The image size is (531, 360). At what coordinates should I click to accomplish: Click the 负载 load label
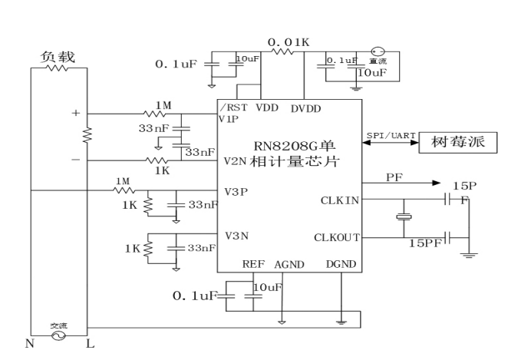58,57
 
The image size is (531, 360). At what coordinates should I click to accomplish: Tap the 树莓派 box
458,144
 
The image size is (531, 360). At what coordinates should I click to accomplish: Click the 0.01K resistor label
288,40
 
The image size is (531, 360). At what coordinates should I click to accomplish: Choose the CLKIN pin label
338,200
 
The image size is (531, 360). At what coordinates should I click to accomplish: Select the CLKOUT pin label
336,237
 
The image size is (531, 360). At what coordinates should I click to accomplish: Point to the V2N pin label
235,161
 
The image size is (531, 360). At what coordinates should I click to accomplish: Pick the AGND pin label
289,263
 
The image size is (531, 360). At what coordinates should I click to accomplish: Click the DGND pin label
341,263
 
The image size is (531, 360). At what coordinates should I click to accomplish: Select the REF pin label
253,263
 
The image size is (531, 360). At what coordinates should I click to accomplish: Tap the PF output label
394,177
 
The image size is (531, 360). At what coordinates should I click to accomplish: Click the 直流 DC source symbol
377,50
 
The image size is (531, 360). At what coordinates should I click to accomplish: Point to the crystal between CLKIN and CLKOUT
401,218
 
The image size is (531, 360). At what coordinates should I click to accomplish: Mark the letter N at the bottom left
30,344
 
